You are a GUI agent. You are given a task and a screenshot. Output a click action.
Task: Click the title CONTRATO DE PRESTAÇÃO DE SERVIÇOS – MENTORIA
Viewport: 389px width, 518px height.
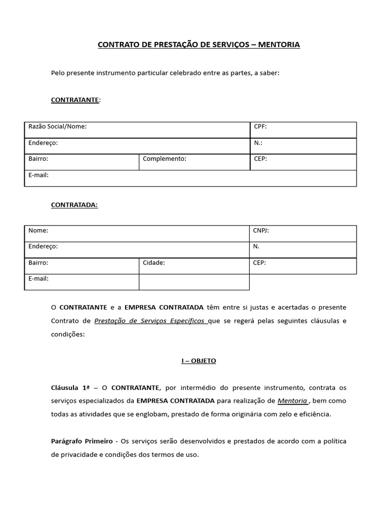tap(199, 45)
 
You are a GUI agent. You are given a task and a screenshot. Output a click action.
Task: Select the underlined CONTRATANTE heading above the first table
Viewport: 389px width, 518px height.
tap(75, 100)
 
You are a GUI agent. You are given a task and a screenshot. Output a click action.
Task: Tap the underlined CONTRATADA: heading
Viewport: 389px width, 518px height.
tap(74, 205)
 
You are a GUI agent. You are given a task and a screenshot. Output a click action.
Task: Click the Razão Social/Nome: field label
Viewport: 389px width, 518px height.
tap(57, 126)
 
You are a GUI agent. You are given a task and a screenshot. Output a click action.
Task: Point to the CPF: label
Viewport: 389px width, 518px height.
tap(260, 126)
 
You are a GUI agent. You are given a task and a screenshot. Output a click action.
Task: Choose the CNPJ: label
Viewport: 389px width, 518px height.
tap(261, 231)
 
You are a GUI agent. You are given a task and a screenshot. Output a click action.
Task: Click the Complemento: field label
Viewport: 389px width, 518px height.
tap(165, 159)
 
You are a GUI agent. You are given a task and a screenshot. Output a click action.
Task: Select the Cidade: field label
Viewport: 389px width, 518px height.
tap(154, 263)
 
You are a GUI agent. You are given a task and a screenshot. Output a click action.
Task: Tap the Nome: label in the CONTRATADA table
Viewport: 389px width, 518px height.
tap(38, 231)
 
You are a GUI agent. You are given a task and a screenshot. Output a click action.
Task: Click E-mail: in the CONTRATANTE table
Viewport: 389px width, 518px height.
tap(38, 175)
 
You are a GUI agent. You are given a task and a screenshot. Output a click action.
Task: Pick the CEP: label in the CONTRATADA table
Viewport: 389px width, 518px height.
tap(259, 263)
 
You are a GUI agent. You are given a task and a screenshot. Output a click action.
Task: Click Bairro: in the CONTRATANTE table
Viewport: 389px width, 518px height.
tap(38, 159)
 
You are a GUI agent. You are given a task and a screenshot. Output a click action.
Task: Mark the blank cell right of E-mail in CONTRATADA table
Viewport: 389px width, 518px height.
tap(194, 282)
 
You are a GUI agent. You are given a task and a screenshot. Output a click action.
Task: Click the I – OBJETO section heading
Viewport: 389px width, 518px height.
tap(199, 361)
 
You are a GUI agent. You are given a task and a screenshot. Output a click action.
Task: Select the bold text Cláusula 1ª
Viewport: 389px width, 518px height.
tap(70, 387)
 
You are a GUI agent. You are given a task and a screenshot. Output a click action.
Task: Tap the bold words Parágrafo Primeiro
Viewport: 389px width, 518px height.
tap(82, 441)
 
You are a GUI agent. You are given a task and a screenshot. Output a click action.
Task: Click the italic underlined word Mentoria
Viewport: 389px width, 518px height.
tap(292, 401)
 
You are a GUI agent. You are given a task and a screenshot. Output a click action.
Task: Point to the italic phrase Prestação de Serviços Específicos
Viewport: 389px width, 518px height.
tap(150, 321)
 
